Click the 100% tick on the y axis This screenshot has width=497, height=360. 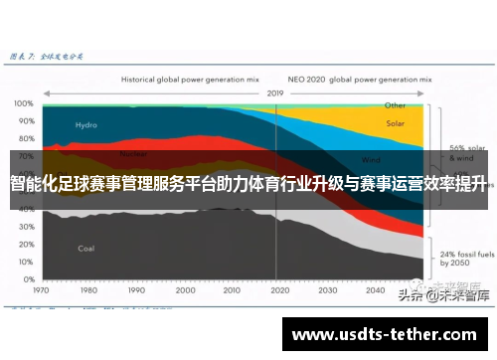(22, 103)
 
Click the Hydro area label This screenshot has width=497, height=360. (86, 125)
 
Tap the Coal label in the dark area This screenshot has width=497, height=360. (86, 248)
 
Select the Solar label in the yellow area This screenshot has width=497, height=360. (395, 124)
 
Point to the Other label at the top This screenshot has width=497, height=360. (395, 104)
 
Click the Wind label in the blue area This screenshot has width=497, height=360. (371, 159)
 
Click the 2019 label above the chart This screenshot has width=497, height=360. (274, 92)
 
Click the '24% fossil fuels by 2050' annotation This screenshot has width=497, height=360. (462, 236)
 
